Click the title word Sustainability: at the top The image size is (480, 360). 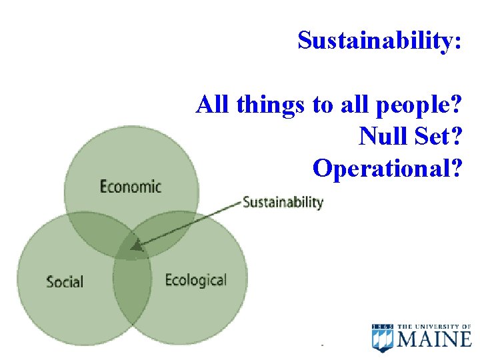(379, 41)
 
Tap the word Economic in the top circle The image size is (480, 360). (131, 187)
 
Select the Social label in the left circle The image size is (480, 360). (65, 281)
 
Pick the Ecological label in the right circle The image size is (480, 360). (195, 279)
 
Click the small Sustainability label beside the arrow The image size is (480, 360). (283, 202)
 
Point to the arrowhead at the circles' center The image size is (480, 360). (136, 246)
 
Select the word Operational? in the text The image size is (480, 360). (387, 169)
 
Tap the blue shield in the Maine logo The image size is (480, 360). (383, 338)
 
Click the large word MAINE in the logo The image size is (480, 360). (435, 340)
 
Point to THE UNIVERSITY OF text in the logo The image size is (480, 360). (435, 326)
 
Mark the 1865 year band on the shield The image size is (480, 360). (383, 326)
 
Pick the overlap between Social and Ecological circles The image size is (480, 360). (131, 293)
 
